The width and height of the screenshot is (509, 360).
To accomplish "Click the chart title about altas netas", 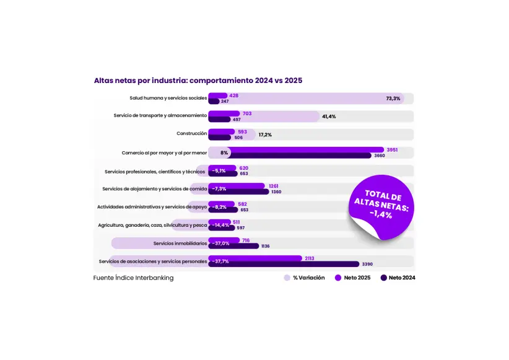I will pos(198,81).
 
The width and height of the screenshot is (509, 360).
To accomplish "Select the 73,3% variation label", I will pos(393,99).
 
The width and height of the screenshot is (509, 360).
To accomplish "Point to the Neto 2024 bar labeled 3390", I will pos(284,264).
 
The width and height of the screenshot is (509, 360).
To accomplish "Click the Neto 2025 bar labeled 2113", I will pos(255,258).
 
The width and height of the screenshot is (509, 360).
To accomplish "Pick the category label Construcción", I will pos(191,134).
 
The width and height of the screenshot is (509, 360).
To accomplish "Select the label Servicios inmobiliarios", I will pos(180,243).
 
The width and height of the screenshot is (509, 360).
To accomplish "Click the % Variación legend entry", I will pos(304,278).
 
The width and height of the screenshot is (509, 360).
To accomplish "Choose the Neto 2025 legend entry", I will pos(353,278).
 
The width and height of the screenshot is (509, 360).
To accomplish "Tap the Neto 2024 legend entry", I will pos(398,278).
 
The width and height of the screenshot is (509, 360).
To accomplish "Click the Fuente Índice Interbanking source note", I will pos(133,278).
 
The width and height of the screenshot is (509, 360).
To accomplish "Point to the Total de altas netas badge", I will pos(381,205).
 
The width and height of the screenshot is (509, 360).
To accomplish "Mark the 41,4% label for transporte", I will pos(329,116).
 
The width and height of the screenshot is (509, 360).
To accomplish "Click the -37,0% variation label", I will pos(220,243).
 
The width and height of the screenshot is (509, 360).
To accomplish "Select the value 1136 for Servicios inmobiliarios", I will pos(266,246).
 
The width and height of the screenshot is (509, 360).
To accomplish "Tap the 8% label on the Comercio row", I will pos(224,152).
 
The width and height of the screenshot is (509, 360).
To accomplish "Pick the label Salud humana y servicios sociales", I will pos(168,98).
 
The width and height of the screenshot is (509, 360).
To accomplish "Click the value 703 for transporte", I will pos(247,113).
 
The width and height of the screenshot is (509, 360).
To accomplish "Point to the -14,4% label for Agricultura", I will pos(220,225).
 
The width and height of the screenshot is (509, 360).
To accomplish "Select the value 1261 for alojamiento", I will pos(274,185).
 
